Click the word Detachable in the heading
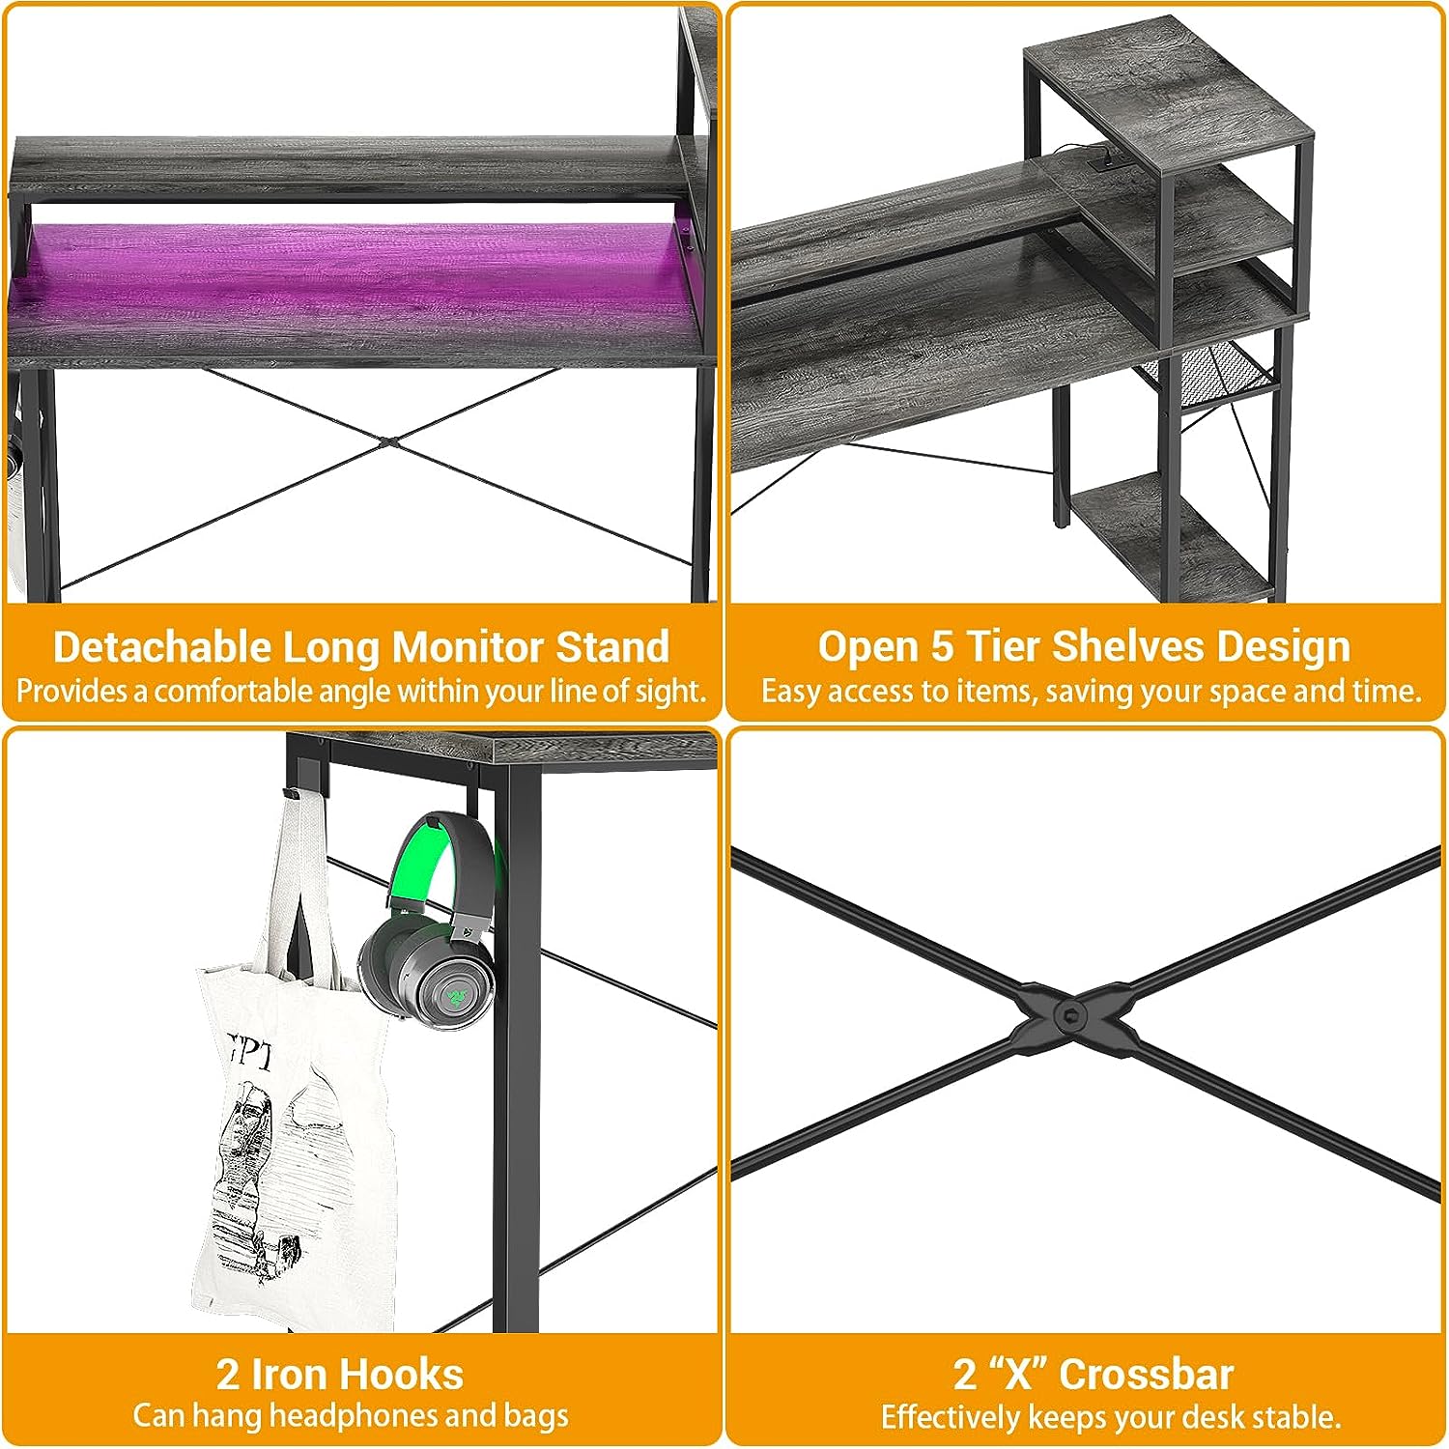click(161, 646)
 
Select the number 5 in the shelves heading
click(941, 646)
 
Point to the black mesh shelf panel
click(1207, 372)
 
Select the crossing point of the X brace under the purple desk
click(387, 441)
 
